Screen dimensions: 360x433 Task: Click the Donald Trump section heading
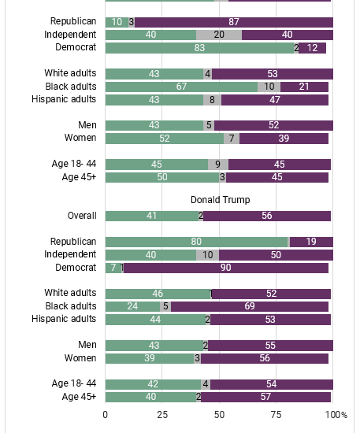(x=221, y=200)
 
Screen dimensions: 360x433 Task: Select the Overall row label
(x=82, y=216)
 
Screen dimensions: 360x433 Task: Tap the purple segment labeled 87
(x=234, y=22)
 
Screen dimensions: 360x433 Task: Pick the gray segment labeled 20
(x=219, y=35)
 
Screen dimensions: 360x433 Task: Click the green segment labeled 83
(x=199, y=48)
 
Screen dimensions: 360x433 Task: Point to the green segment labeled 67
(x=181, y=87)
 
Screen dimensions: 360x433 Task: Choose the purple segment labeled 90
(x=226, y=268)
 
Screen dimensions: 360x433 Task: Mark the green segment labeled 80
(x=196, y=242)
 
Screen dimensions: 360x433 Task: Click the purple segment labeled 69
(x=250, y=306)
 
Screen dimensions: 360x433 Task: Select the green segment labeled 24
(x=132, y=306)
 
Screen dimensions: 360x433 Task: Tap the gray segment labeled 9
(x=218, y=165)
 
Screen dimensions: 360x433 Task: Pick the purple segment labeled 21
(x=304, y=87)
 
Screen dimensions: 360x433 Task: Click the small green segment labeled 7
(x=113, y=268)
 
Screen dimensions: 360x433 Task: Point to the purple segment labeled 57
(x=265, y=397)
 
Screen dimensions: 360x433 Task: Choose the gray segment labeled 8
(x=212, y=100)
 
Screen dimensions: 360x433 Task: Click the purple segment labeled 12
(x=312, y=48)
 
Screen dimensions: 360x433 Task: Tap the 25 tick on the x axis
(x=162, y=415)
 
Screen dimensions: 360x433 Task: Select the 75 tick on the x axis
(x=276, y=415)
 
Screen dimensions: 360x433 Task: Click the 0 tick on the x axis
(x=106, y=415)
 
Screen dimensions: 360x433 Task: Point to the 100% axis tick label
(x=336, y=415)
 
